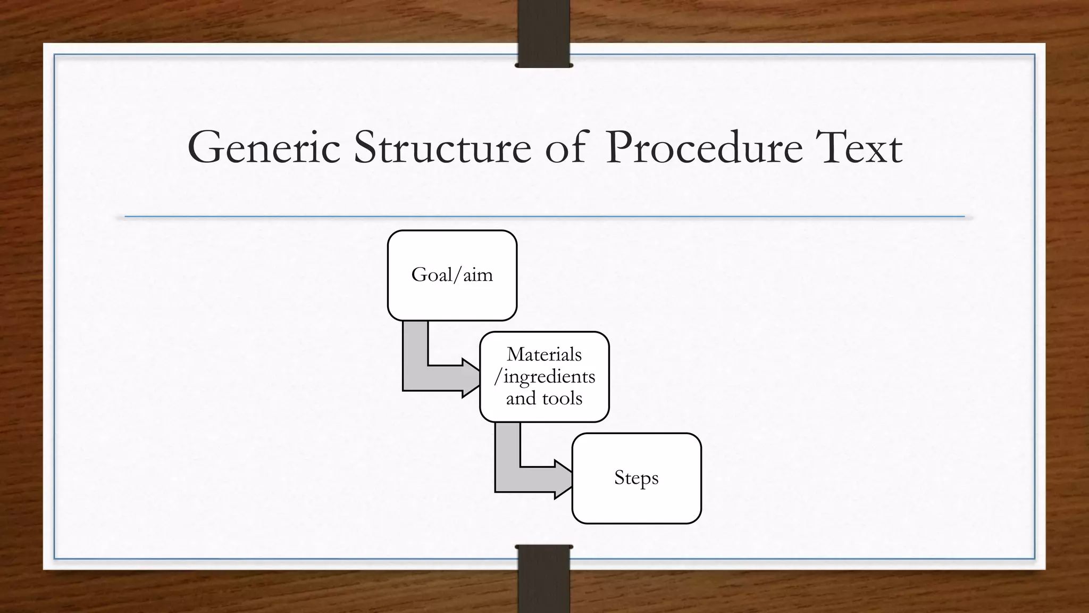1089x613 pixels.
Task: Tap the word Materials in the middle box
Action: (544, 354)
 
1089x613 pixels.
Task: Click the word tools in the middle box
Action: (562, 399)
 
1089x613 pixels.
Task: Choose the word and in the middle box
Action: (521, 399)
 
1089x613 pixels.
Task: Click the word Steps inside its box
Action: (636, 478)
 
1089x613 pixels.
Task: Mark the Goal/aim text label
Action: (452, 275)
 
